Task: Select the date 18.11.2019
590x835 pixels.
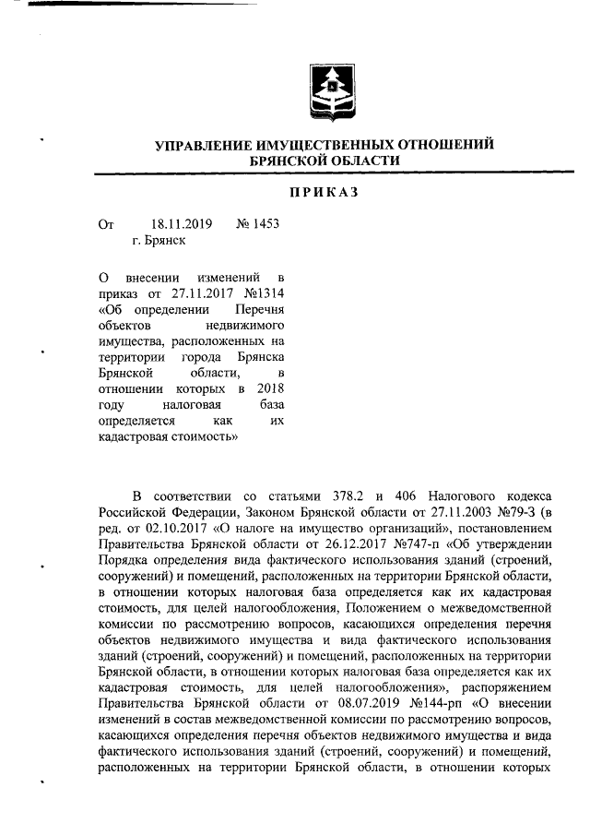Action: (181, 223)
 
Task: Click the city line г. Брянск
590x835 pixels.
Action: (159, 240)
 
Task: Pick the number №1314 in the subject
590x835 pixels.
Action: (262, 293)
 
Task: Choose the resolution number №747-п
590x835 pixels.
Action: (421, 543)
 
